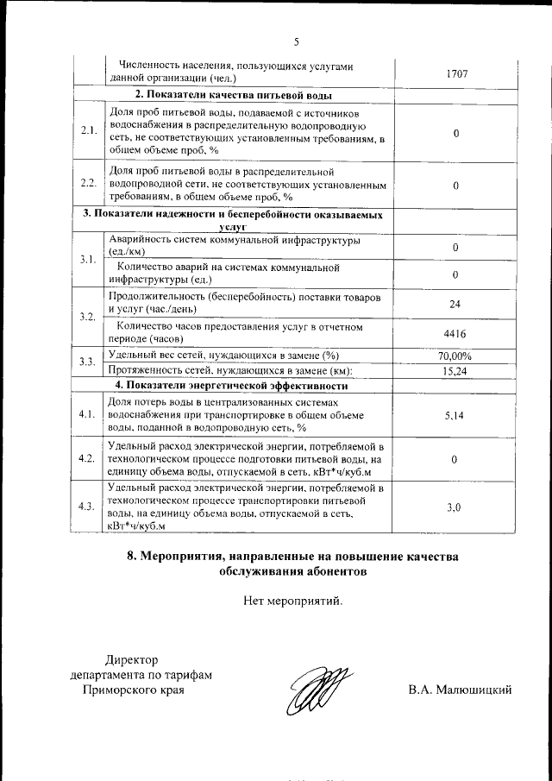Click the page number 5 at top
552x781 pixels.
pos(295,41)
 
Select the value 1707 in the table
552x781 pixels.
pos(456,74)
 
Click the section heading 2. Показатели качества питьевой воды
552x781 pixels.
pos(234,95)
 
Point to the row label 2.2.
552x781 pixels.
pos(88,184)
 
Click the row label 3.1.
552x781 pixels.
pos(87,260)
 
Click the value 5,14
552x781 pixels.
pos(455,415)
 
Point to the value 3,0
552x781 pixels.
pos(455,508)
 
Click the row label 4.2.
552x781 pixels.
pos(87,459)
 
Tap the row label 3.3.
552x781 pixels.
pos(87,362)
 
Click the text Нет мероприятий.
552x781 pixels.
pos(293,601)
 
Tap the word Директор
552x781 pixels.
pos(132,660)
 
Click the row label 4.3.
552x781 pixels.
pos(87,507)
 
